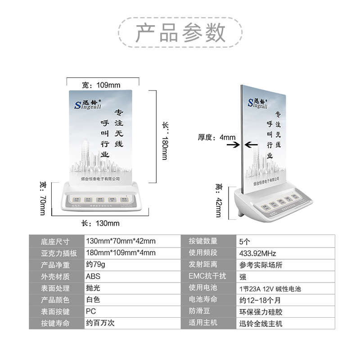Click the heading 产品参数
pyautogui.click(x=180, y=33)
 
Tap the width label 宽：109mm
pyautogui.click(x=101, y=85)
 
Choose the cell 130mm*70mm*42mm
pyautogui.click(x=120, y=241)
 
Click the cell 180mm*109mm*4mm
pyautogui.click(x=120, y=253)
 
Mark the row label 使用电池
pyautogui.click(x=202, y=288)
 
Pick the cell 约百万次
pyautogui.click(x=99, y=323)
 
